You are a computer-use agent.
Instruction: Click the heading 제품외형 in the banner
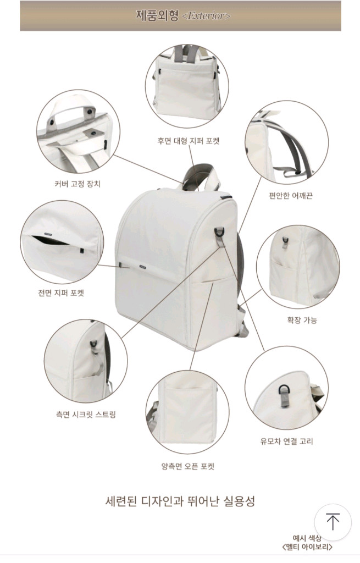click(x=157, y=15)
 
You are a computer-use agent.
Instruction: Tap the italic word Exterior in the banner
click(x=206, y=16)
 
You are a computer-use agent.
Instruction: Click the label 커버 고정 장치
click(x=74, y=184)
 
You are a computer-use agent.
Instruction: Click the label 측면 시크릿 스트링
click(x=86, y=415)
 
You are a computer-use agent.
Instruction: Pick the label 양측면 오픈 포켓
click(x=188, y=467)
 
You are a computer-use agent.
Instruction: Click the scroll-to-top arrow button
click(x=333, y=522)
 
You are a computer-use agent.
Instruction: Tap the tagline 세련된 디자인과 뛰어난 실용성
click(x=180, y=501)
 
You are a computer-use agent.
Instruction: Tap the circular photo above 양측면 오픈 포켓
click(x=188, y=412)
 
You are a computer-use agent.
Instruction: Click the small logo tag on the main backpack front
click(x=142, y=267)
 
